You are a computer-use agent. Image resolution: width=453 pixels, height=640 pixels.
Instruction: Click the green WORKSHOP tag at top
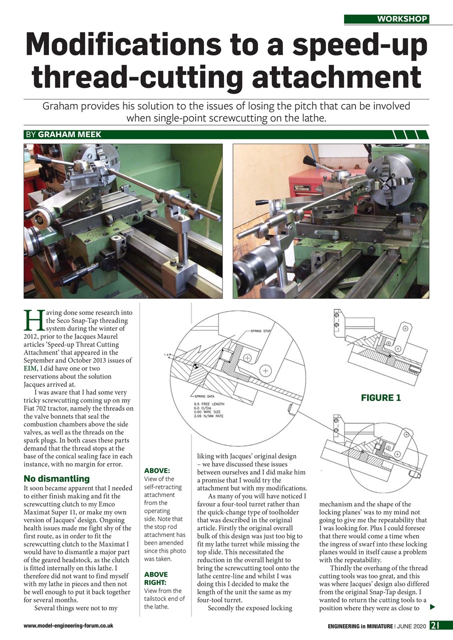coord(386,19)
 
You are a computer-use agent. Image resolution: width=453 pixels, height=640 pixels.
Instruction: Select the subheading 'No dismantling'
coord(56,478)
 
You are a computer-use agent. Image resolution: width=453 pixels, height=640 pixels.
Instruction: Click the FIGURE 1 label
coord(381,398)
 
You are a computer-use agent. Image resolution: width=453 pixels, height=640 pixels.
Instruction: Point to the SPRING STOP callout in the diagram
coord(259,331)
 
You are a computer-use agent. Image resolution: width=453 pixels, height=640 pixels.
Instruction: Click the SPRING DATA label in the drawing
coord(204,395)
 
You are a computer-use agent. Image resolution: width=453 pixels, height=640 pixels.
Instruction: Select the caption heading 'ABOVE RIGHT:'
coord(155,578)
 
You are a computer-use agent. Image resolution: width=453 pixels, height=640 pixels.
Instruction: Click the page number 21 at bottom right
coord(435,625)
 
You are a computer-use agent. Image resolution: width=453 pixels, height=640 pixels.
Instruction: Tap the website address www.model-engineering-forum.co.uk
coord(68,625)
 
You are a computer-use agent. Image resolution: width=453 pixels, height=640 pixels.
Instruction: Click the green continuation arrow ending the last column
coord(432,607)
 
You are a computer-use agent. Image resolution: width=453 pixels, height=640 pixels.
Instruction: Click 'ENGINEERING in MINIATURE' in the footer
coord(359,625)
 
